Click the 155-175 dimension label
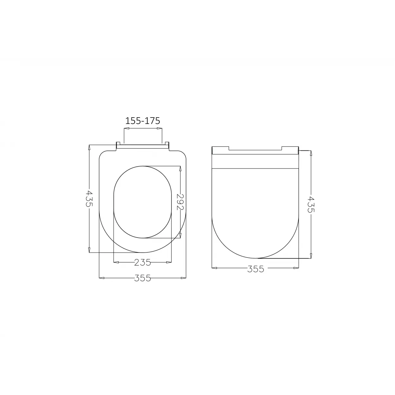143,121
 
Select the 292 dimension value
180,202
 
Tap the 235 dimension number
143,262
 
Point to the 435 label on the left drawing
89,198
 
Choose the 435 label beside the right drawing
311,204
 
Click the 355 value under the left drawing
143,278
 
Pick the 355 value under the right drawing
255,269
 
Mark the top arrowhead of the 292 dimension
180,169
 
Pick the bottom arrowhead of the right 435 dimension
311,256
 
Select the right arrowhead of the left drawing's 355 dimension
184,278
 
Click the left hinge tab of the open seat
118,145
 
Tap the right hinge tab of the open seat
167,145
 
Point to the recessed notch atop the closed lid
255,149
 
